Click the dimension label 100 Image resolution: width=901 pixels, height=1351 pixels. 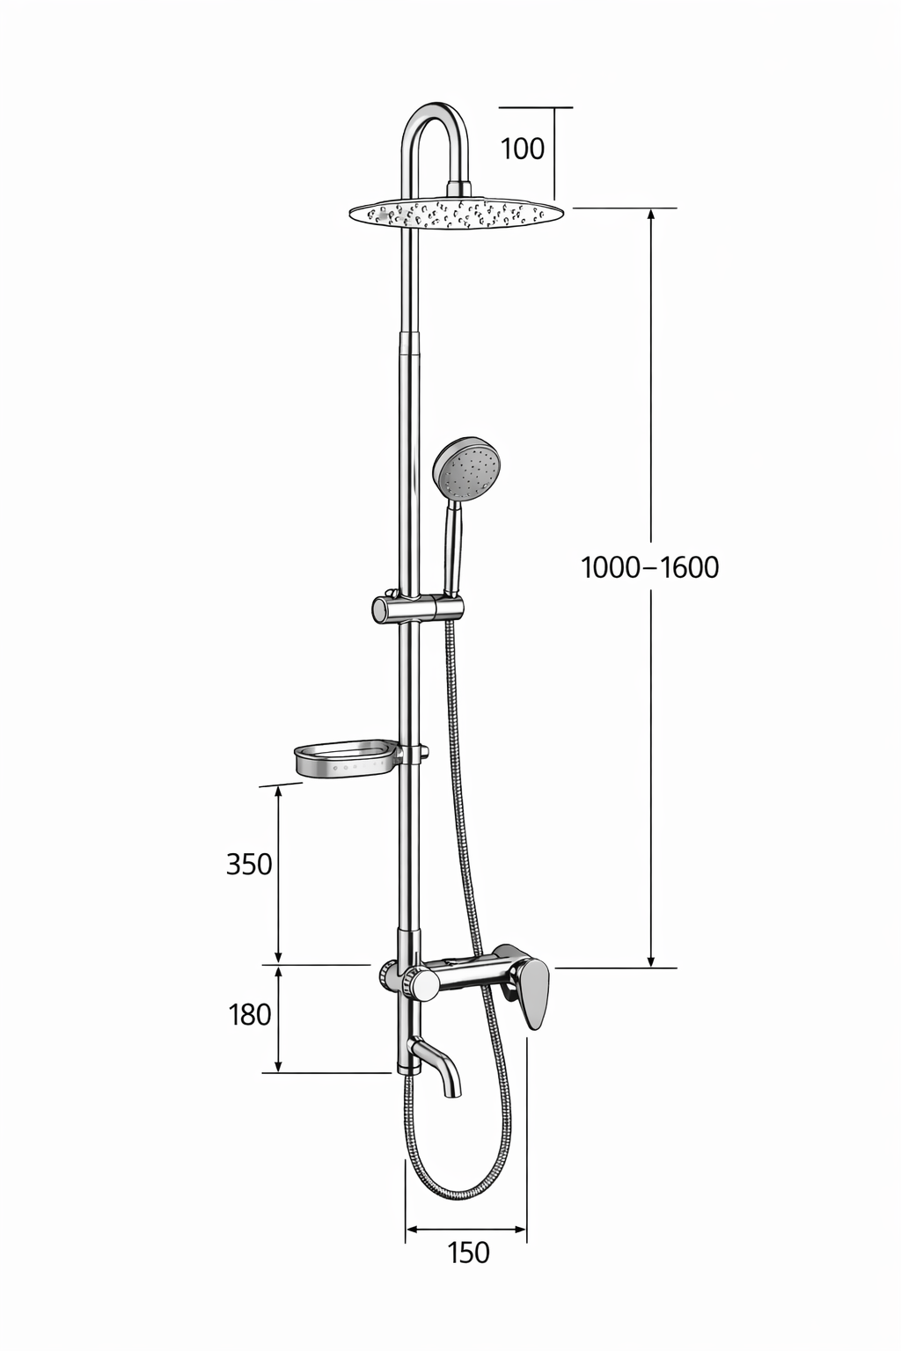pyautogui.click(x=523, y=149)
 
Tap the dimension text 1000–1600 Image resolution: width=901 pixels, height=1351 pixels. pyautogui.click(x=650, y=567)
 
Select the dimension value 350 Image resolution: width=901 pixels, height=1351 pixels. pyautogui.click(x=249, y=865)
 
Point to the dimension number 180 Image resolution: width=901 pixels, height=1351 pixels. pyautogui.click(x=249, y=1015)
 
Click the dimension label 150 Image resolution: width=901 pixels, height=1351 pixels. pyautogui.click(x=468, y=1252)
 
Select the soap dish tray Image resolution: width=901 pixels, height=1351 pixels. pyautogui.click(x=347, y=759)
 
